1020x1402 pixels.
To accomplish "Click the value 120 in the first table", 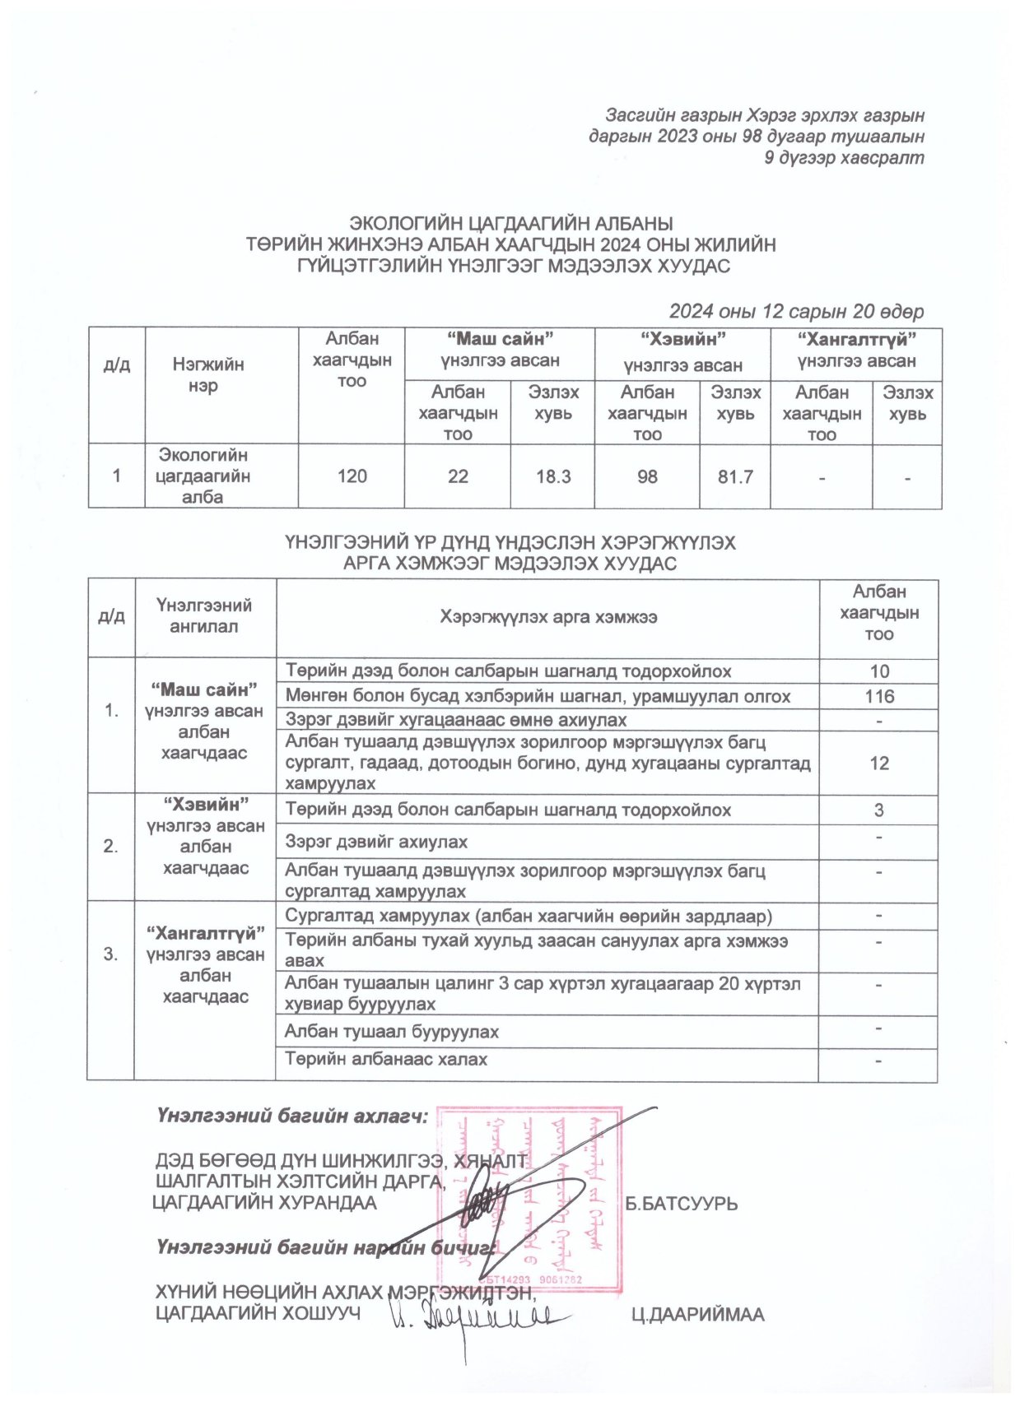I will click(352, 476).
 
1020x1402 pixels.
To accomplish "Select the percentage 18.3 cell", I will click(552, 476).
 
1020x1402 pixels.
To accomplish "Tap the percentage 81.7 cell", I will click(734, 477).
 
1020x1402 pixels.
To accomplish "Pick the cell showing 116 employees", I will click(878, 697).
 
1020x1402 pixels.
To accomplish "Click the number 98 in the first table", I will click(647, 477).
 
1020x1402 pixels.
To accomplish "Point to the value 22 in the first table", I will click(458, 476).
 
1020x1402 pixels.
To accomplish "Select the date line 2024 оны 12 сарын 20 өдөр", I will click(795, 311).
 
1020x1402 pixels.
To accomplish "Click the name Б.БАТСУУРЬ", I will click(681, 1204).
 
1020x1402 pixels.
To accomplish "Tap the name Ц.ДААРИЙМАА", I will click(696, 1315).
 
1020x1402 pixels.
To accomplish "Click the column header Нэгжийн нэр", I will click(207, 374).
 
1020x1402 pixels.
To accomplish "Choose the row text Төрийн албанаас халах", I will click(386, 1060).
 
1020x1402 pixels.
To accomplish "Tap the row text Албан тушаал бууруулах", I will click(391, 1032).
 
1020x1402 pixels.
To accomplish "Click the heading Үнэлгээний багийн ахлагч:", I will click(292, 1116).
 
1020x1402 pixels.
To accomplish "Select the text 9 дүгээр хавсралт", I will click(844, 157).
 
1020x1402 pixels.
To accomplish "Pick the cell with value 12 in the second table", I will click(878, 763).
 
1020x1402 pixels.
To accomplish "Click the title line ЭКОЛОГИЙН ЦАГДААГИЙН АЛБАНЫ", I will click(510, 223).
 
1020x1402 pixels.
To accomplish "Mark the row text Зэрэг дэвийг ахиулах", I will click(376, 842).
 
